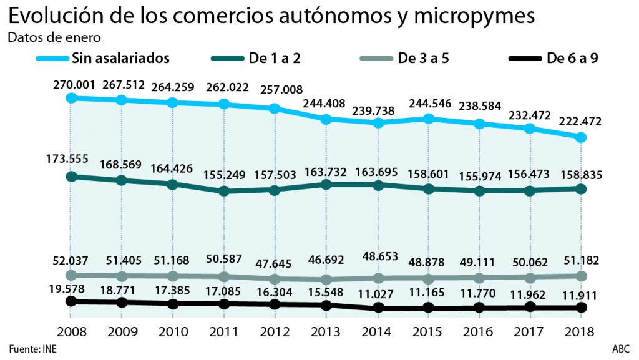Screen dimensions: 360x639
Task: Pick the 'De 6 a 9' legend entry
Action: coord(577,59)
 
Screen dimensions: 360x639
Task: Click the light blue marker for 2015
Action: coord(428,118)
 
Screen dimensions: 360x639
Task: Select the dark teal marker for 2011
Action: coord(224,191)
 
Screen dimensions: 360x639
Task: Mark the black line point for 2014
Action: coord(377,308)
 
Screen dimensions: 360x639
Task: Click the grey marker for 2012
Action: coord(275,279)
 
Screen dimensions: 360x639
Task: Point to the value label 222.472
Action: coord(580,122)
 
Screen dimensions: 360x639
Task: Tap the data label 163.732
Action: coord(326,172)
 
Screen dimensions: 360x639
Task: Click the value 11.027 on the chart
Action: coord(377,292)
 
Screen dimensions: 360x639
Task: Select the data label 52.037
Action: coord(72,260)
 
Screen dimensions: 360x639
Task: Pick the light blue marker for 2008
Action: coord(71,98)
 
